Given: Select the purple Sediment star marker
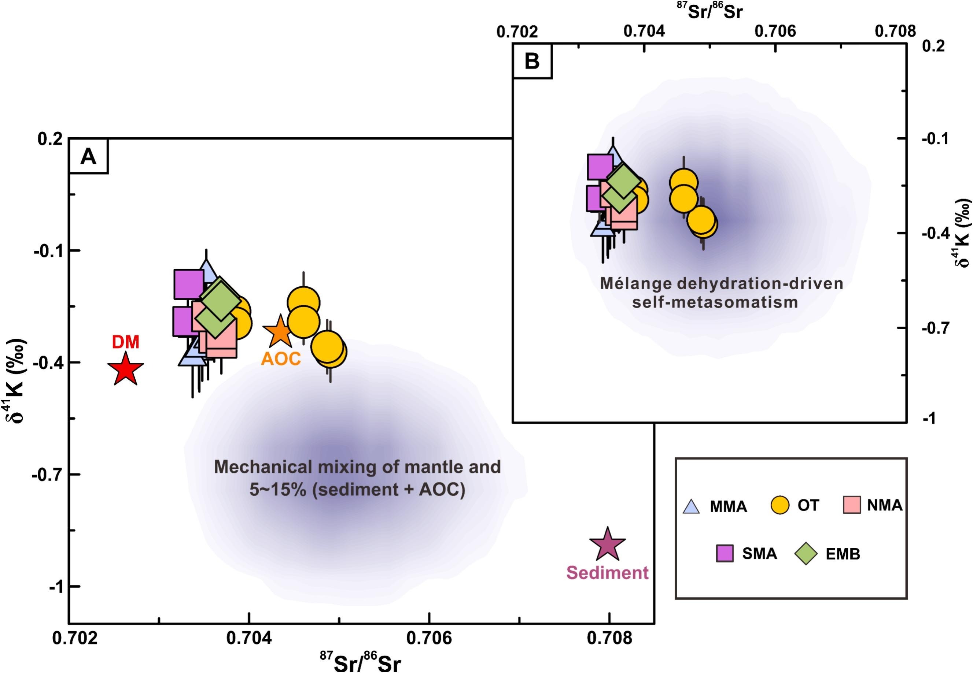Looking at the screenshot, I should [x=607, y=545].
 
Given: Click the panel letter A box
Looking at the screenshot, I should [x=88, y=157].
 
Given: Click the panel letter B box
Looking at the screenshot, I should [x=532, y=62].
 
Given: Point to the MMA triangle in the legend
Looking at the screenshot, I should [x=691, y=506].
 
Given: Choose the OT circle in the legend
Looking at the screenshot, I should [x=780, y=505].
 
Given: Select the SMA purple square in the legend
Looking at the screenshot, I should [x=725, y=554].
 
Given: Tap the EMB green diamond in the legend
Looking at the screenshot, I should [x=806, y=554].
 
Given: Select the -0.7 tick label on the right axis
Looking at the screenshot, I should [x=934, y=328].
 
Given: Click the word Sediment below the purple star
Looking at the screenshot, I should [x=607, y=573].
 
